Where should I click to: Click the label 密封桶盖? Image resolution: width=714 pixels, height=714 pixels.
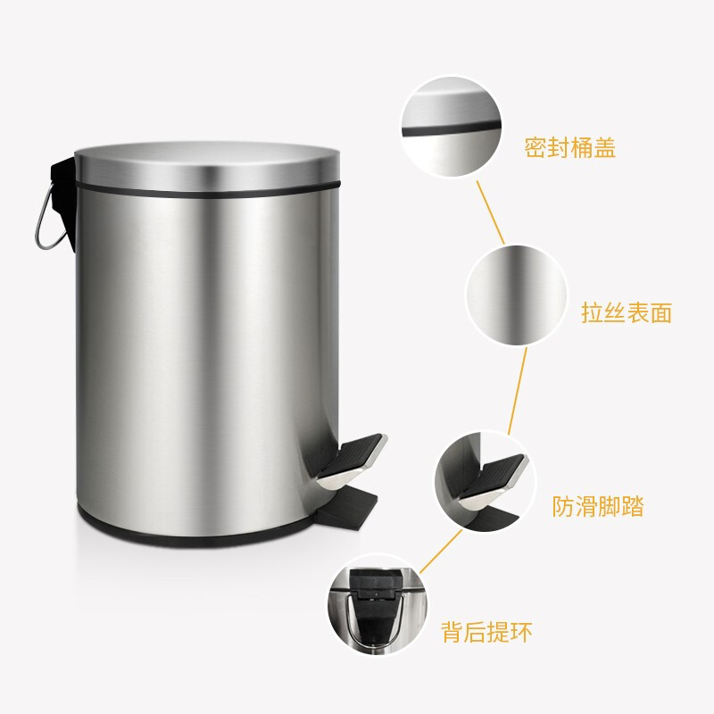[570, 147]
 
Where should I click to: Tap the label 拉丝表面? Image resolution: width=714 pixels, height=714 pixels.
[627, 313]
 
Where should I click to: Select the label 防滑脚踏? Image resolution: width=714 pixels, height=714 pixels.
[598, 506]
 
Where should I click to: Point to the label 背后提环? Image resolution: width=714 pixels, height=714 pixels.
[486, 632]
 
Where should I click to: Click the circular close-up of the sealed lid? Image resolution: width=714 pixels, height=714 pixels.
[451, 126]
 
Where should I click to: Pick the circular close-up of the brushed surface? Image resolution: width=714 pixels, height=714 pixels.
[517, 295]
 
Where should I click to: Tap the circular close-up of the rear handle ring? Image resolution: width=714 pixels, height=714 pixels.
[378, 605]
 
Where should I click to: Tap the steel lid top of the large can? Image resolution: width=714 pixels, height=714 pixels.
[207, 165]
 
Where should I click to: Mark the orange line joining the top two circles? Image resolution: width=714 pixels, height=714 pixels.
[490, 212]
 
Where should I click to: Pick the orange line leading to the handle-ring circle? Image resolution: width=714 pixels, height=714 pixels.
[440, 552]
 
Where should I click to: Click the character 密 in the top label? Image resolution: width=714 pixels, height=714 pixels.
[535, 147]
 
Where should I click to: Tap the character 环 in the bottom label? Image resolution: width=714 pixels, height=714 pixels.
[521, 632]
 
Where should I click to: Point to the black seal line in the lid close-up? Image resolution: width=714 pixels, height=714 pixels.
[451, 129]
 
